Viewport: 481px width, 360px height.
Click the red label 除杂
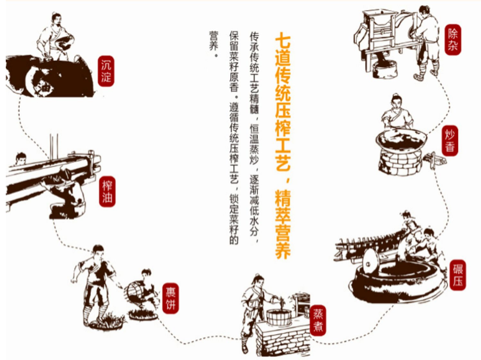tap(452, 40)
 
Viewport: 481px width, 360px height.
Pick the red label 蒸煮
tap(319, 320)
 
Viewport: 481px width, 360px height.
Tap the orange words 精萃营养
tap(281, 224)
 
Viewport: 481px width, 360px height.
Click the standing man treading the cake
tap(96, 281)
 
